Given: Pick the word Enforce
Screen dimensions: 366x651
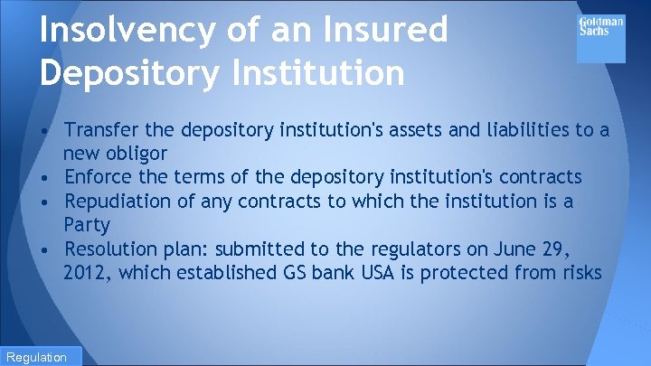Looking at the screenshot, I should (x=99, y=177).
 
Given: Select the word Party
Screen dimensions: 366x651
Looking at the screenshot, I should (x=87, y=224).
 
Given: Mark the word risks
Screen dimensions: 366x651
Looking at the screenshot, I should (x=579, y=271).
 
